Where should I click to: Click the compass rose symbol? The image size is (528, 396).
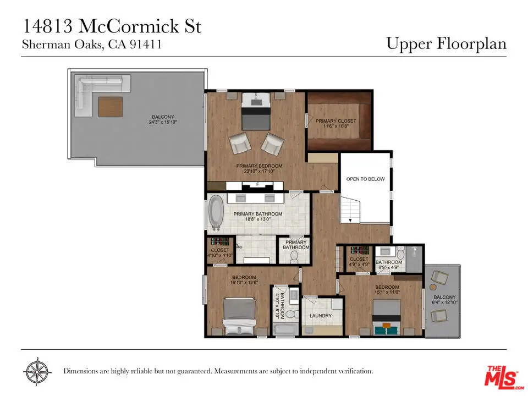coord(37,372)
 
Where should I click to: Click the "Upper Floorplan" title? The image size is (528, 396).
coord(446,44)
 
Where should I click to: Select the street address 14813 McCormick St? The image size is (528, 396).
coord(112,26)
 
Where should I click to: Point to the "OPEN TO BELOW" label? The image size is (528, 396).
coord(365,179)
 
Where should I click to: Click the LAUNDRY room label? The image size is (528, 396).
coord(321,316)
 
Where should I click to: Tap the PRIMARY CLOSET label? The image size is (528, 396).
coord(335,121)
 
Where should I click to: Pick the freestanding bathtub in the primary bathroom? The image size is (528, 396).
coord(216,212)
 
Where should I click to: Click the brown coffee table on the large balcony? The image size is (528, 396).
coord(111,107)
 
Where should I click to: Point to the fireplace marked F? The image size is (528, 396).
coord(257,185)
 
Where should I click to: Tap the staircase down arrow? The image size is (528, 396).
coord(350,220)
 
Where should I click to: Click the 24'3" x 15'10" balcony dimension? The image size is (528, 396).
coord(163,122)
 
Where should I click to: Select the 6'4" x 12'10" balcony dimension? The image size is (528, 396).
coord(444,302)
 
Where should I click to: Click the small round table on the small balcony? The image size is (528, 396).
coord(433,287)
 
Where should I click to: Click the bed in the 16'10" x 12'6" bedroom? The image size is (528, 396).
coord(239,316)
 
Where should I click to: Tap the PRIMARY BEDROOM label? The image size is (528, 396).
coord(259,166)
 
